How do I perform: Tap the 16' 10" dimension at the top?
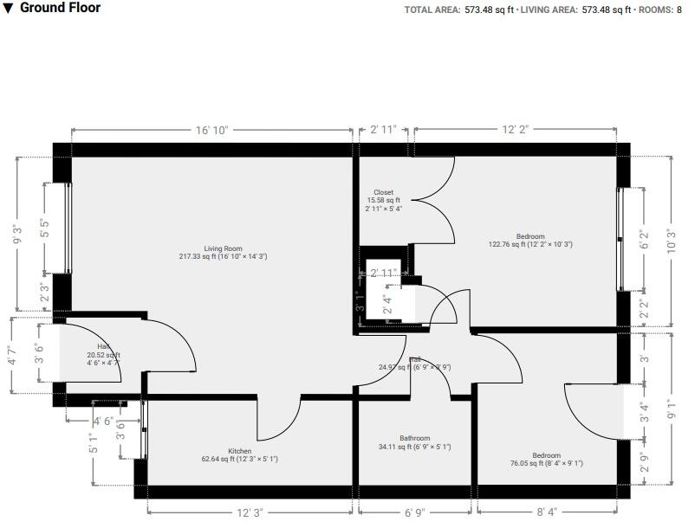tap(211, 130)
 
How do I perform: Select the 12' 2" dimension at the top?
tap(515, 130)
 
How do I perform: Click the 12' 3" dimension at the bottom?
tap(250, 512)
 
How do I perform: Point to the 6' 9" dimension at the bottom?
tap(416, 512)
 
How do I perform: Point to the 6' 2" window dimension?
tap(642, 241)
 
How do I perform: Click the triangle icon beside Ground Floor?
tap(9, 8)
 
